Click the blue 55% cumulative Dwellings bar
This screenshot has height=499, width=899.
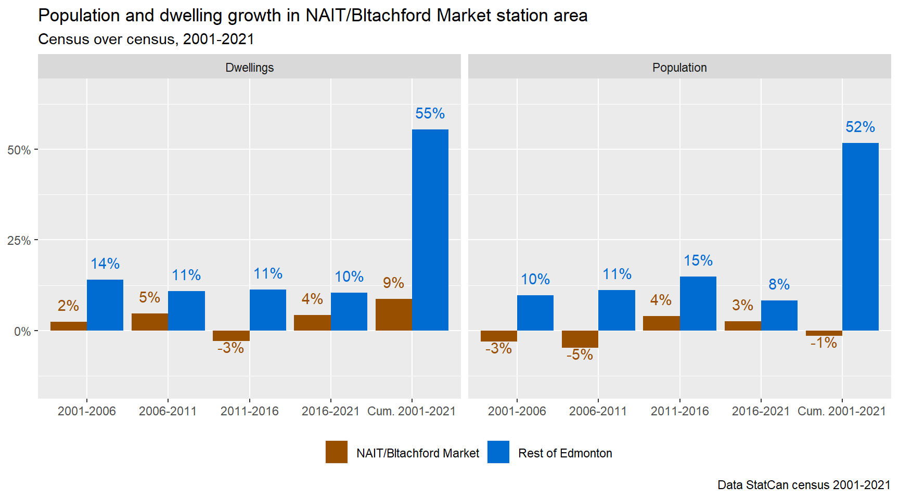430,230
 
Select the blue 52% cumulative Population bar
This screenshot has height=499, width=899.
860,237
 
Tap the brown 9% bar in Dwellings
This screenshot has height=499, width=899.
393,314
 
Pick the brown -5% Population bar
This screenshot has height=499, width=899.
580,339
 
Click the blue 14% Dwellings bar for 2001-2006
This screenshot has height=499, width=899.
105,305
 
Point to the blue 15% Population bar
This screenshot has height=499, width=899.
698,303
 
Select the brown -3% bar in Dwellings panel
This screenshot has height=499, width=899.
231,336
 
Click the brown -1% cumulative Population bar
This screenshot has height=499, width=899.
824,333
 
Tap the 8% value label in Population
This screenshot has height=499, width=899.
779,284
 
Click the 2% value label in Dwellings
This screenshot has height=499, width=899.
68,306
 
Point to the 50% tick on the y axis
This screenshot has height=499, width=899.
19,150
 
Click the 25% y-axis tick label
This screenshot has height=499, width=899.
19,241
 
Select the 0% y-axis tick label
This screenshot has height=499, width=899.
22,332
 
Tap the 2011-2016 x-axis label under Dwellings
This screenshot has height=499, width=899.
249,411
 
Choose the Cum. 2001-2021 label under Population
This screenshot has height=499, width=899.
841,411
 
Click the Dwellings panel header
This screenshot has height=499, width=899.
249,68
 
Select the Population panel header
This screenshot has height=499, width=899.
679,68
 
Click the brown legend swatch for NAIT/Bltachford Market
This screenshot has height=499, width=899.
337,452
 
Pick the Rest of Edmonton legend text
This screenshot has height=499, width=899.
565,453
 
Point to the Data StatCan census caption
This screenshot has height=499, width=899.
804,485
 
